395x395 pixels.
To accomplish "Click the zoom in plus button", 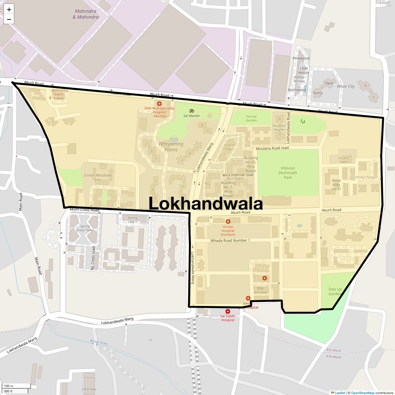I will [9, 10].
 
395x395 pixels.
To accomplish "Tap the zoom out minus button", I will [9, 19].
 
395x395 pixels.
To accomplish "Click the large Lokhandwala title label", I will [206, 203].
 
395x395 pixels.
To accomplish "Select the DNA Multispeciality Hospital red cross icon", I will [159, 104].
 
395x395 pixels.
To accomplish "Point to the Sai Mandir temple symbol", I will [192, 111].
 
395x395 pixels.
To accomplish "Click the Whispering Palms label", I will [171, 147].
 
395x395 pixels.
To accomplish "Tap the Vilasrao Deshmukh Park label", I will [288, 172].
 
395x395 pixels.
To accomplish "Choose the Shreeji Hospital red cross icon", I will [228, 222].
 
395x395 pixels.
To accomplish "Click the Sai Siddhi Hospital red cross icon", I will [227, 311].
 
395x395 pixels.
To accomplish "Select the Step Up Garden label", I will [335, 292].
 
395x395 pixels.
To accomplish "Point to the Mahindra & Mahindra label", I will [86, 14].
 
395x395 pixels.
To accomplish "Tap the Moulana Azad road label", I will [272, 148].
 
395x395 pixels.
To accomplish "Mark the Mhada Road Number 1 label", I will [230, 240].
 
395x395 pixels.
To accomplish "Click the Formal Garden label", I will [251, 118].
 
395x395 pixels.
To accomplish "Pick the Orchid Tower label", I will [343, 160].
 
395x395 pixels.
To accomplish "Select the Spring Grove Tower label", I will [85, 228].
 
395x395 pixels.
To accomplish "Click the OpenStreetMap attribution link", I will [362, 393].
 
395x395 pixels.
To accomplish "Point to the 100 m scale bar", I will [16, 386].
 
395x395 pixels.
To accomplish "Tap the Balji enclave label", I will [261, 290].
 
